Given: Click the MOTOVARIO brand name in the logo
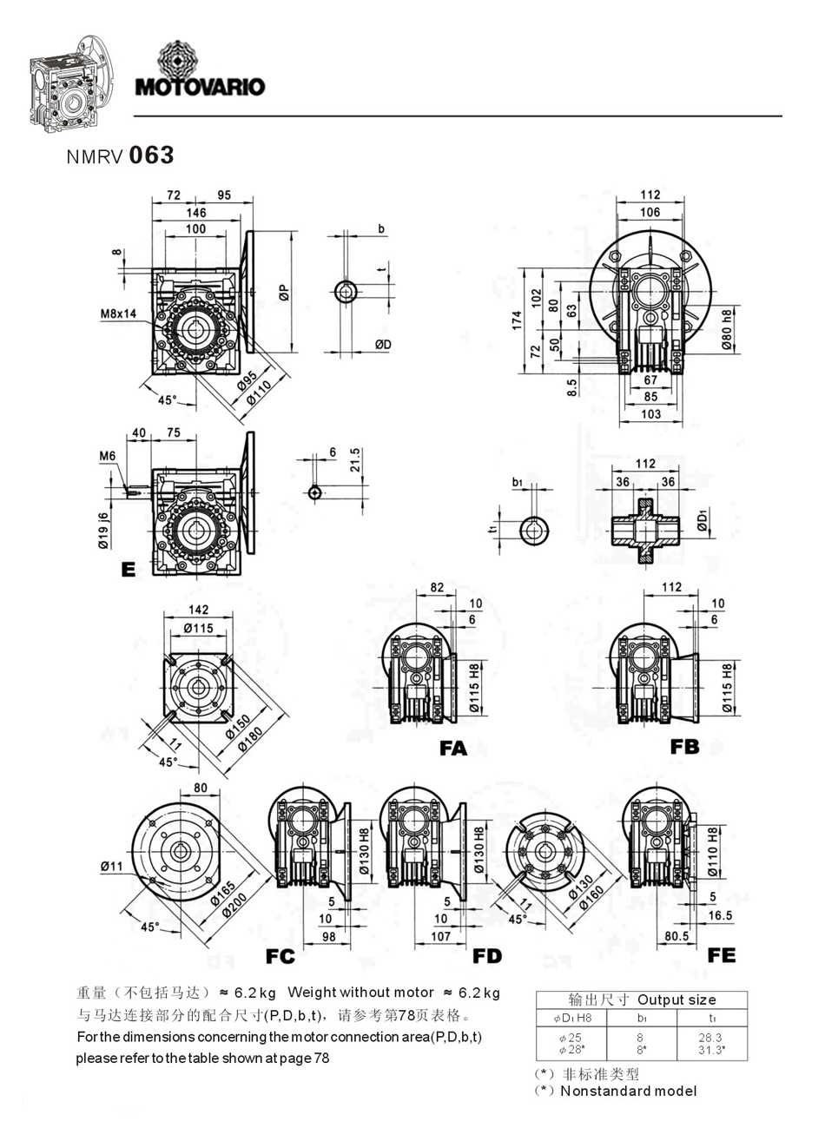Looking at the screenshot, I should (x=200, y=87).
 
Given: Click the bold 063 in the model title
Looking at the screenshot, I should (x=151, y=155).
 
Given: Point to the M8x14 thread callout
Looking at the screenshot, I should (x=118, y=313).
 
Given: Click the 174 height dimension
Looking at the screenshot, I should (x=518, y=320).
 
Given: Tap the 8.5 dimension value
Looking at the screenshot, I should (x=571, y=387).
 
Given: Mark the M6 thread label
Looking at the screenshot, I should (x=108, y=456).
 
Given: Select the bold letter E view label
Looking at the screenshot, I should (x=129, y=570).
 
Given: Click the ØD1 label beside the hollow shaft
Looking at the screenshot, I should (x=702, y=519).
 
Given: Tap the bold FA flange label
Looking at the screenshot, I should (x=452, y=748).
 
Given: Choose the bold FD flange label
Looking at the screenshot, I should (x=487, y=956).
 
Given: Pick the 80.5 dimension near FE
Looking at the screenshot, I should (x=676, y=936).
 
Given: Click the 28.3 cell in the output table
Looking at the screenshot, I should (x=709, y=1037).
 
